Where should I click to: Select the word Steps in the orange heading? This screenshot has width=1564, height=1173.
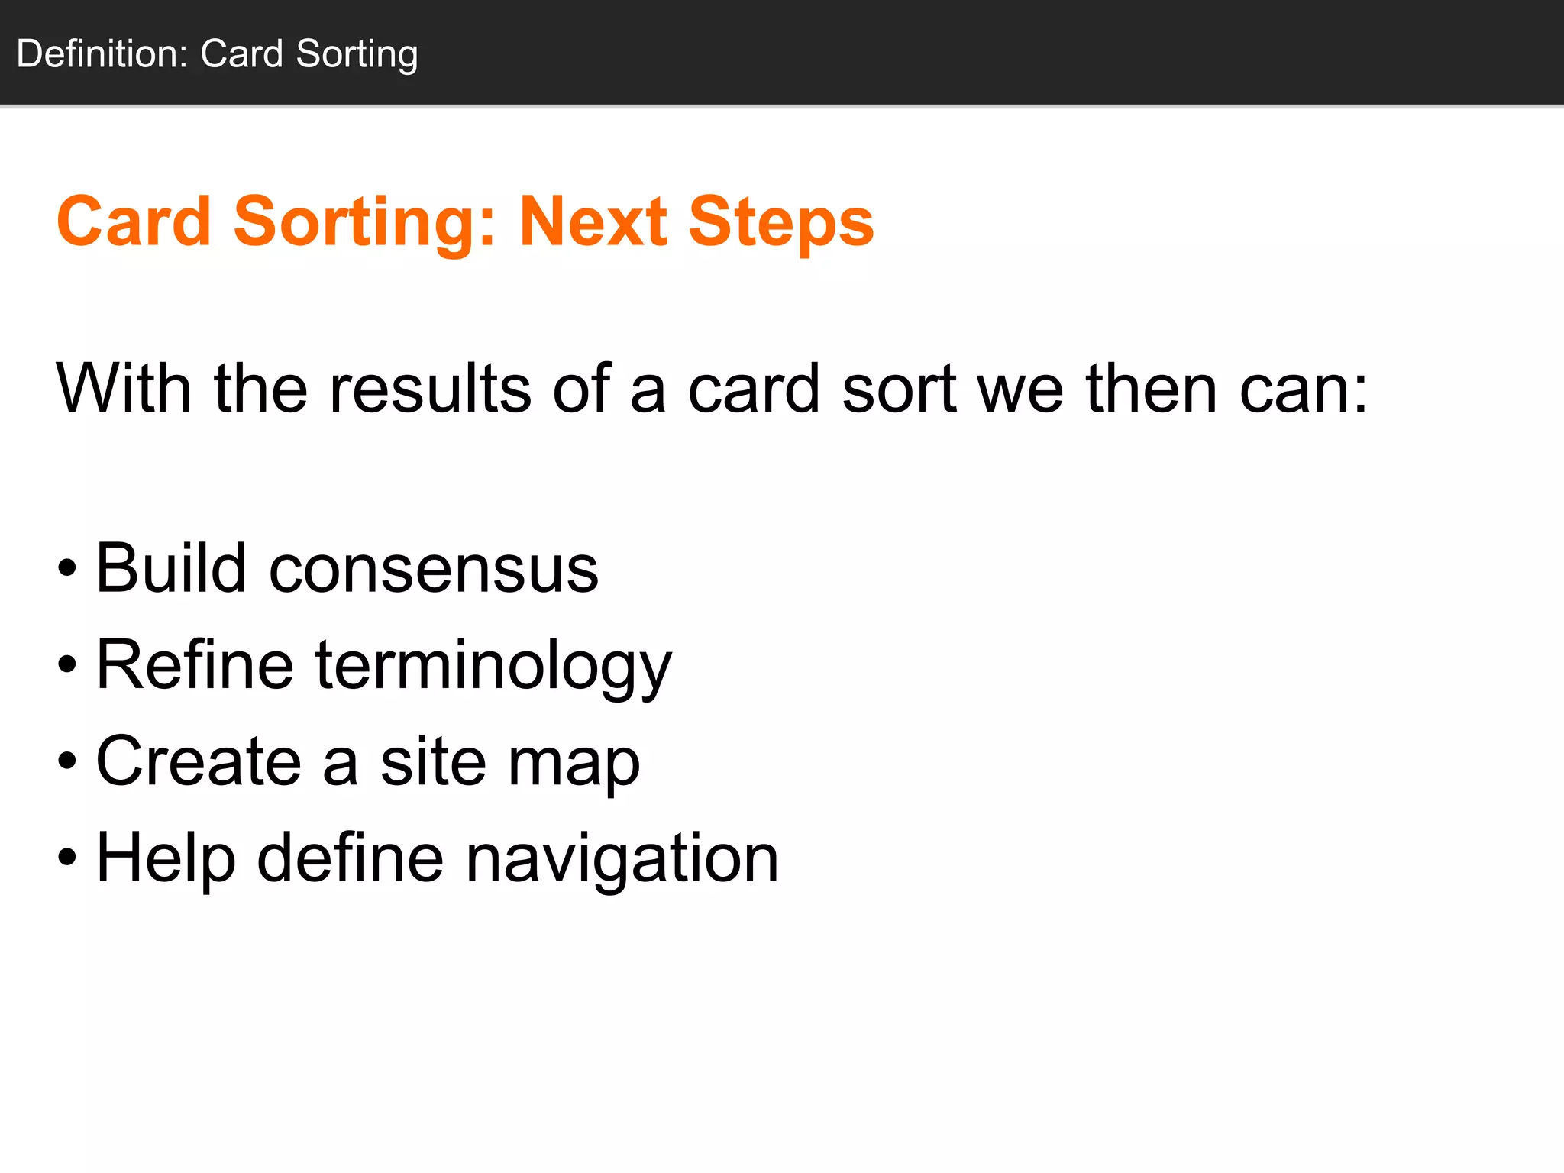tap(780, 223)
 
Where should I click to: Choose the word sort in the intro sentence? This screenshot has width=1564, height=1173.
tap(899, 389)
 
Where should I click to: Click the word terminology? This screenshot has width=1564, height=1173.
tap(493, 666)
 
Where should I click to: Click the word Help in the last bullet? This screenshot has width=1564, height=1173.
tap(166, 858)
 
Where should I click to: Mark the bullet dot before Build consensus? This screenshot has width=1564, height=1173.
tap(67, 569)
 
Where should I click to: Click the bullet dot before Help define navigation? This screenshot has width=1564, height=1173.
tap(67, 858)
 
